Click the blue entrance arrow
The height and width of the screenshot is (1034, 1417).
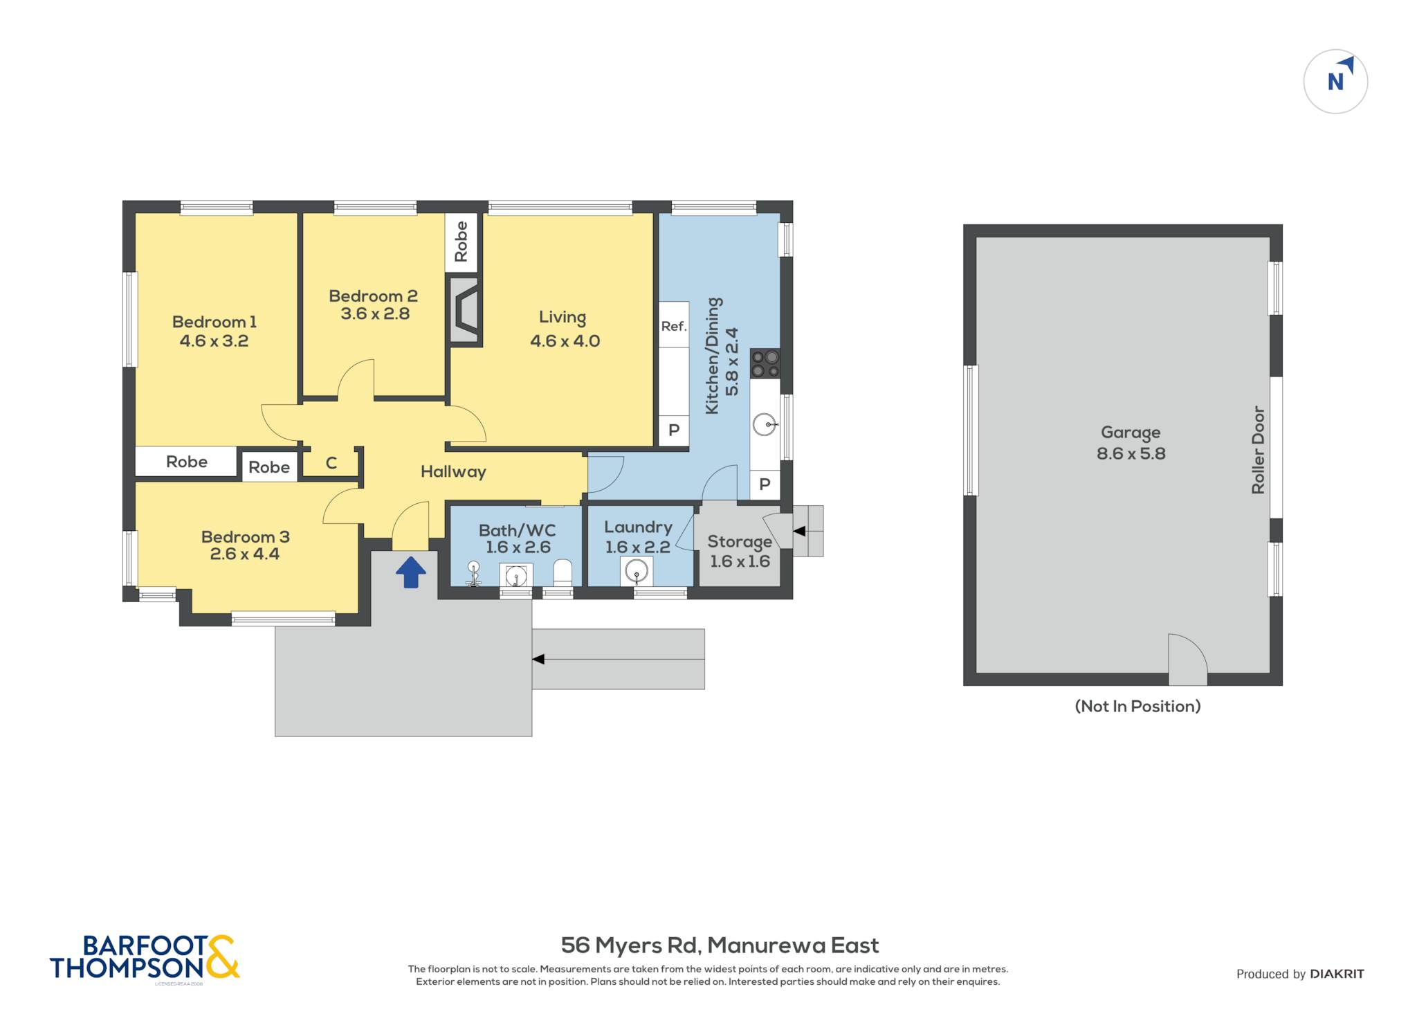pyautogui.click(x=411, y=572)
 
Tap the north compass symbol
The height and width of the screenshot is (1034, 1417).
pyautogui.click(x=1335, y=82)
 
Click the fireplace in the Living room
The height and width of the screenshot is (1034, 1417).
pyautogui.click(x=465, y=310)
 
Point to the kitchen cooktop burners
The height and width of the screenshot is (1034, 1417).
pyautogui.click(x=765, y=364)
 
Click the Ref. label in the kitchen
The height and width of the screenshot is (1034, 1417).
pyautogui.click(x=674, y=326)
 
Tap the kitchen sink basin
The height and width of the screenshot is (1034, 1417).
pyautogui.click(x=765, y=424)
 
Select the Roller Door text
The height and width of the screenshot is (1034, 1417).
pyautogui.click(x=1258, y=450)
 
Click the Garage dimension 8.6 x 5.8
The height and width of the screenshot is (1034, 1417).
pyautogui.click(x=1131, y=454)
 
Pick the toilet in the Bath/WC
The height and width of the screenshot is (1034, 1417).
pyautogui.click(x=563, y=573)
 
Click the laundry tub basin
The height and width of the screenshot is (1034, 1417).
pyautogui.click(x=636, y=572)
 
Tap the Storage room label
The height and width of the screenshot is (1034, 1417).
pyautogui.click(x=740, y=542)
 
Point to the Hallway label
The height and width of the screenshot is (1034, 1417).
pyautogui.click(x=453, y=472)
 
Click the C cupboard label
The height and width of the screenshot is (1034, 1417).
pyautogui.click(x=331, y=463)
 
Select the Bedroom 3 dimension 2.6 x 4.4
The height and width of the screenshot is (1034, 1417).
pyautogui.click(x=245, y=554)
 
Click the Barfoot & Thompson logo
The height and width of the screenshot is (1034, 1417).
pyautogui.click(x=145, y=958)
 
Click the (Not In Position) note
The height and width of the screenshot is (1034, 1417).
pyautogui.click(x=1137, y=706)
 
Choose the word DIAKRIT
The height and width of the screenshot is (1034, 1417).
pyautogui.click(x=1337, y=974)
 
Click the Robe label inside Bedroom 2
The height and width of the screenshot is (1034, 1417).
pyautogui.click(x=461, y=242)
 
